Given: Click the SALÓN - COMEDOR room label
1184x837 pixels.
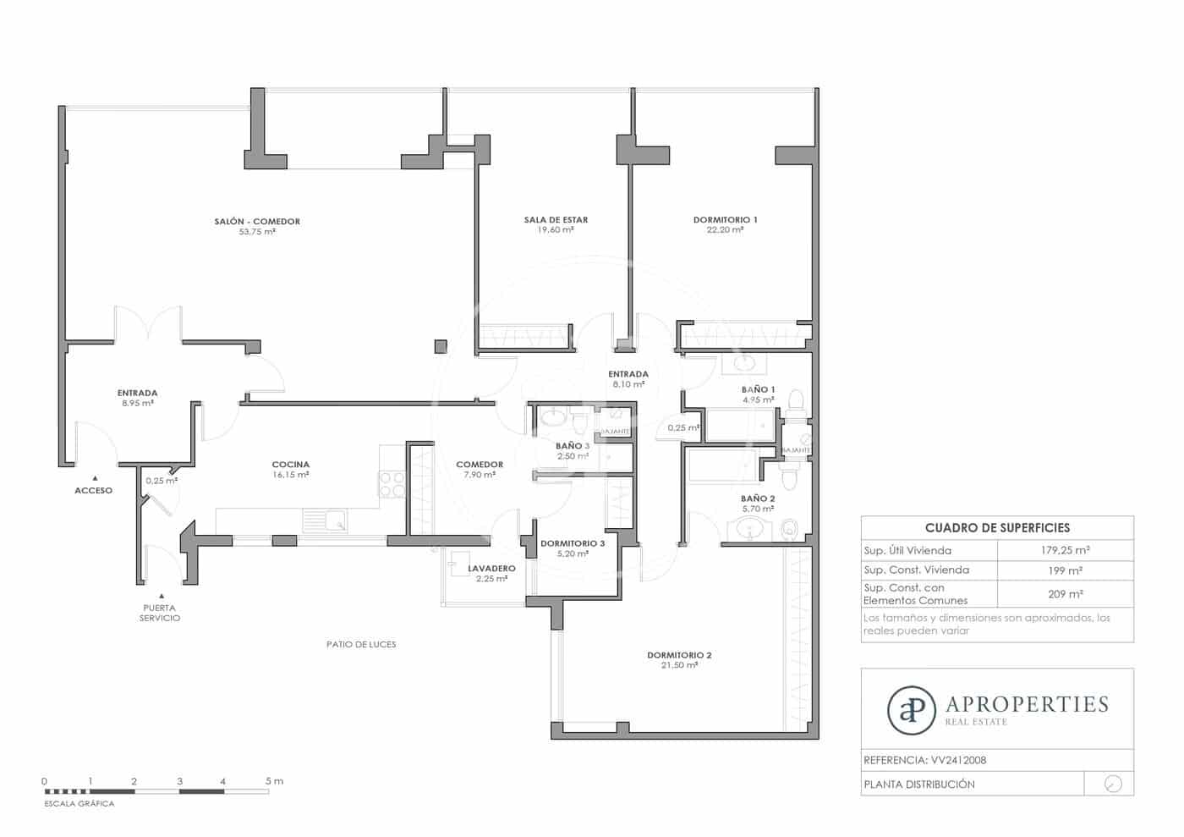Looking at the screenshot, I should [257, 222].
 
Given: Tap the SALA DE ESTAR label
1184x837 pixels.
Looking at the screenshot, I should [556, 220].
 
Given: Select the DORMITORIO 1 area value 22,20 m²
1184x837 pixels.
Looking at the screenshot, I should [725, 230].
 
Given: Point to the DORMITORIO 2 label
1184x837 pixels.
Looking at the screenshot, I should [679, 655].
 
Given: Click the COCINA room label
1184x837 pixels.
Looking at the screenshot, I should [290, 465].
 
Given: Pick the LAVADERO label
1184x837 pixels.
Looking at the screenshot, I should [491, 569].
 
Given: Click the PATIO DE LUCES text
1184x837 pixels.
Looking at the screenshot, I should [361, 644].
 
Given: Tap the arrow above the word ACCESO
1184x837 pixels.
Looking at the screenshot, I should [95, 478].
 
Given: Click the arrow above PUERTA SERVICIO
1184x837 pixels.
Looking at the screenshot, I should [161, 596].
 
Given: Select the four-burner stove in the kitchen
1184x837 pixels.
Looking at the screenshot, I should [392, 484].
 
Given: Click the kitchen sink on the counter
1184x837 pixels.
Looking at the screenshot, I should [325, 520].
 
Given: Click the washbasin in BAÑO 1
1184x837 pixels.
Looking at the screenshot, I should [743, 364].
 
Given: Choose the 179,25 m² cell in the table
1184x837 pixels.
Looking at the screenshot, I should [1065, 550].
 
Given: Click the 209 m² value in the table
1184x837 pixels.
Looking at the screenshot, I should [1065, 594].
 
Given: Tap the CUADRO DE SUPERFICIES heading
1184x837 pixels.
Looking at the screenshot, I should [997, 527].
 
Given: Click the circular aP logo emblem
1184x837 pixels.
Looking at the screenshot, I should [911, 709].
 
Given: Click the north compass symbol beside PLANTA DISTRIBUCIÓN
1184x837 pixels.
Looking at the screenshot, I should [1113, 784].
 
